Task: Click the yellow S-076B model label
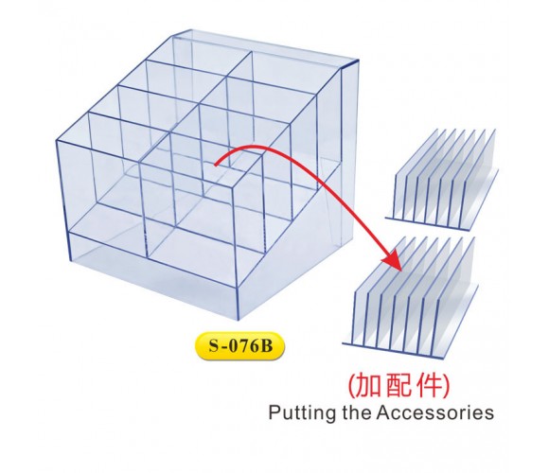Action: (x=239, y=346)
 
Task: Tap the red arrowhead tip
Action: (x=400, y=270)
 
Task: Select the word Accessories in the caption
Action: (x=435, y=412)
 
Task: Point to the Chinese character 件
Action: (x=429, y=386)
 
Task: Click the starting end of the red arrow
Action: (x=216, y=166)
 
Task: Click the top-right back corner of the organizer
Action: (x=359, y=61)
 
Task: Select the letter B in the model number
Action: (x=266, y=346)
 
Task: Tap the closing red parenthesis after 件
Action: (x=446, y=386)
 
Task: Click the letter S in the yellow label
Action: (x=214, y=346)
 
